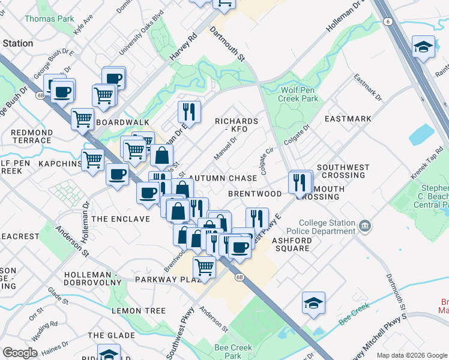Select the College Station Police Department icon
point(365,227)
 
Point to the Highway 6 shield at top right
point(388,22)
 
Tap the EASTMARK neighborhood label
point(348,119)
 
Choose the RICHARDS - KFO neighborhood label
point(237,125)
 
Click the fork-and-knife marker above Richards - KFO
point(188,111)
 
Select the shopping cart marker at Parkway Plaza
point(205,267)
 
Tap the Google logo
point(20,352)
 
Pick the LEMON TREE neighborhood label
point(138,311)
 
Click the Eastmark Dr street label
point(368,86)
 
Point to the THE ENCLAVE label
point(121,219)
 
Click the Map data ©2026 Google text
point(412,355)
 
